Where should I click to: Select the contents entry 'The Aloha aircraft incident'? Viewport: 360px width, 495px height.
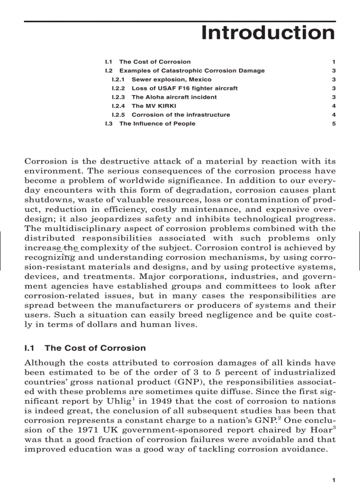point(174,97)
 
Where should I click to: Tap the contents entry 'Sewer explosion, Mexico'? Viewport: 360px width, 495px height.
point(171,79)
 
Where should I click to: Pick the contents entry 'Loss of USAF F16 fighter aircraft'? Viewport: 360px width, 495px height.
point(184,88)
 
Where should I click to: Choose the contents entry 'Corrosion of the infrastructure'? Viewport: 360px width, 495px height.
point(180,115)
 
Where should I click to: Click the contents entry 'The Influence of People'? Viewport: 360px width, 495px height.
point(157,123)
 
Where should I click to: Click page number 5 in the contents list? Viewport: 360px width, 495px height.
point(334,123)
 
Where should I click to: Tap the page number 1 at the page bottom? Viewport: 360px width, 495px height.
point(334,480)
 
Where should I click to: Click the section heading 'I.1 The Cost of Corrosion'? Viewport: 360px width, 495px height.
point(85,348)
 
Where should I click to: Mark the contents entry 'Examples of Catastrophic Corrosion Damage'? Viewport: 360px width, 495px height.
point(192,71)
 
